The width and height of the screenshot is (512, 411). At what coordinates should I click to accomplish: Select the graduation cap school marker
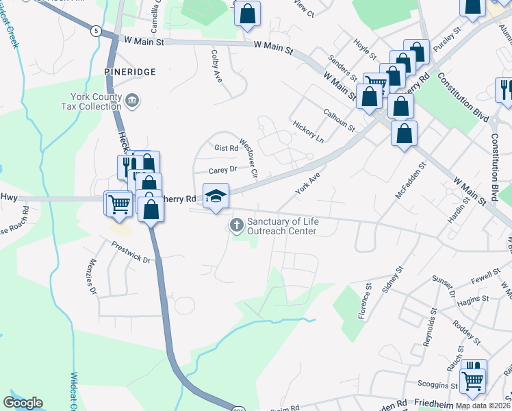tap(216, 196)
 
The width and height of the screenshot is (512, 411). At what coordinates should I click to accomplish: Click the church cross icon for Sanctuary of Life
tap(237, 225)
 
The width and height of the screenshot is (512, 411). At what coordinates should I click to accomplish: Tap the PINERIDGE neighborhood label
tap(131, 71)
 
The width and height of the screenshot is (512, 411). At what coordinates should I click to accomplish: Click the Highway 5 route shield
tap(96, 31)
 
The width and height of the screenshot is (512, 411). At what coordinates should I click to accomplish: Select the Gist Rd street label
tap(226, 147)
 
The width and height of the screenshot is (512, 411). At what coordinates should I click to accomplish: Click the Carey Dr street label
tap(222, 169)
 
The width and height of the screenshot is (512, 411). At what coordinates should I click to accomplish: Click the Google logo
tap(23, 403)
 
